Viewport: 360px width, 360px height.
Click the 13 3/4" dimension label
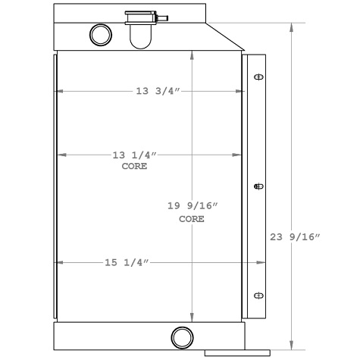coord(157,92)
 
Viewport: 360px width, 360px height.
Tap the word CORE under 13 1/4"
coord(134,165)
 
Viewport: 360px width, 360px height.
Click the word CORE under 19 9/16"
coord(192,219)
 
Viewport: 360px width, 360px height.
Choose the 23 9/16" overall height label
coord(296,236)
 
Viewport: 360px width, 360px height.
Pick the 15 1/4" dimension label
coord(126,262)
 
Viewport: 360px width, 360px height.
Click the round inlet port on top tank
coord(100,33)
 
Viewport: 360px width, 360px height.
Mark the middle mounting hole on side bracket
coord(258,186)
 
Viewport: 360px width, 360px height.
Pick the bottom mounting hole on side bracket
coord(258,295)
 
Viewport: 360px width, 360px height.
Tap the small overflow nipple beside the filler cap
coord(162,16)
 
